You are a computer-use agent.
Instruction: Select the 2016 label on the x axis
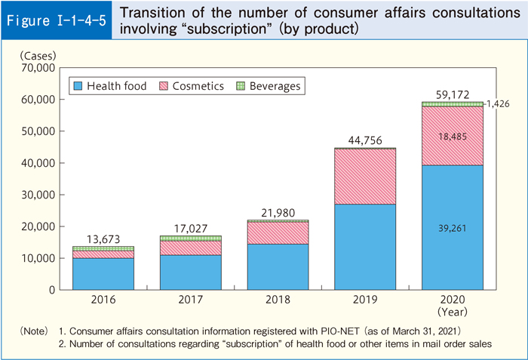103,299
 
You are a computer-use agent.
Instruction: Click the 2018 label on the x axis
278,299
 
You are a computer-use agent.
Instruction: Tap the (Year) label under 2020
453,310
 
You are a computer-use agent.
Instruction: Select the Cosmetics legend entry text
198,86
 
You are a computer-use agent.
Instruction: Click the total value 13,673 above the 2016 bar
103,238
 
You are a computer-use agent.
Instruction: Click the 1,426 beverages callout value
494,104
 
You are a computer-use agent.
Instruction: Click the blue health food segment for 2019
365,247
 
